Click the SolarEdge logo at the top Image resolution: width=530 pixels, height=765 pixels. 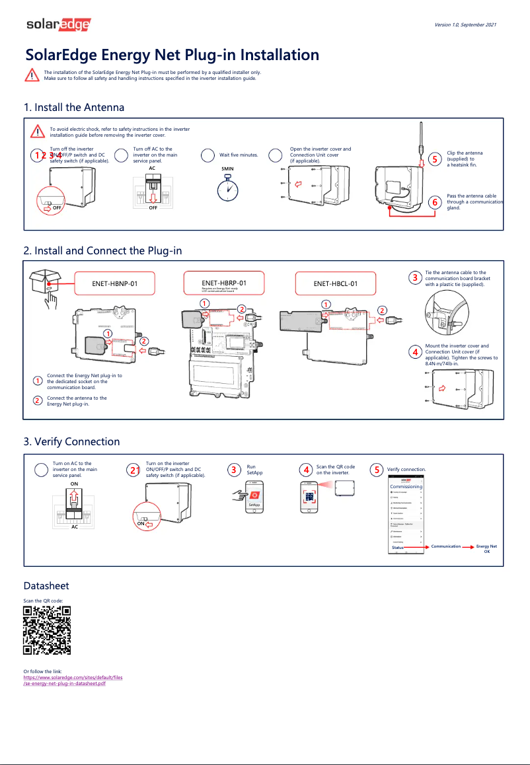(58, 25)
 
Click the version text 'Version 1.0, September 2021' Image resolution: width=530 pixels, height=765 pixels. (465, 24)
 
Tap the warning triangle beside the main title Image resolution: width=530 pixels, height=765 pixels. (32, 74)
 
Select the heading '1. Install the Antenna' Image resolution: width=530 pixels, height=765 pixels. (74, 107)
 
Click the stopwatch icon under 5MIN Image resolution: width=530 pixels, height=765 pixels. (228, 188)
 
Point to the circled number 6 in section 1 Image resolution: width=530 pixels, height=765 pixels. (434, 202)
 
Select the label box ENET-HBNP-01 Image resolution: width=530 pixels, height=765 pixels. (114, 284)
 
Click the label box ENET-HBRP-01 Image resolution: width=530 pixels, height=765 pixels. (223, 284)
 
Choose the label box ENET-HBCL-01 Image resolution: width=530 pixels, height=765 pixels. (335, 284)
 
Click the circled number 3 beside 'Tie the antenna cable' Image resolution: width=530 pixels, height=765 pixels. (414, 277)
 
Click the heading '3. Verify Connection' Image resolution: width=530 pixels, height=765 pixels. (72, 441)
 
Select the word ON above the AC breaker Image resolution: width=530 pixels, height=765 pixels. (75, 484)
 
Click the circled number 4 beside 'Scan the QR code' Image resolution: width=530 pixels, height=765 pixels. (305, 470)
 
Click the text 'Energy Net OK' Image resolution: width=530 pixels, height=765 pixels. (486, 548)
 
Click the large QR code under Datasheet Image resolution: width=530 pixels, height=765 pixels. (47, 630)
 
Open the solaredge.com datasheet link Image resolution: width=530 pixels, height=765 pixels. (73, 680)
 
